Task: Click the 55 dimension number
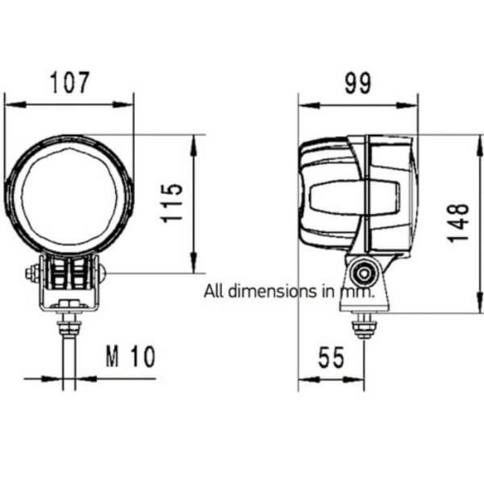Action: coord(331,358)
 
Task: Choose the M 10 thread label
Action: coord(130,356)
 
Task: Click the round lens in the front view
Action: coord(68,195)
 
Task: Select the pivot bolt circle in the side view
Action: coord(364,273)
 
